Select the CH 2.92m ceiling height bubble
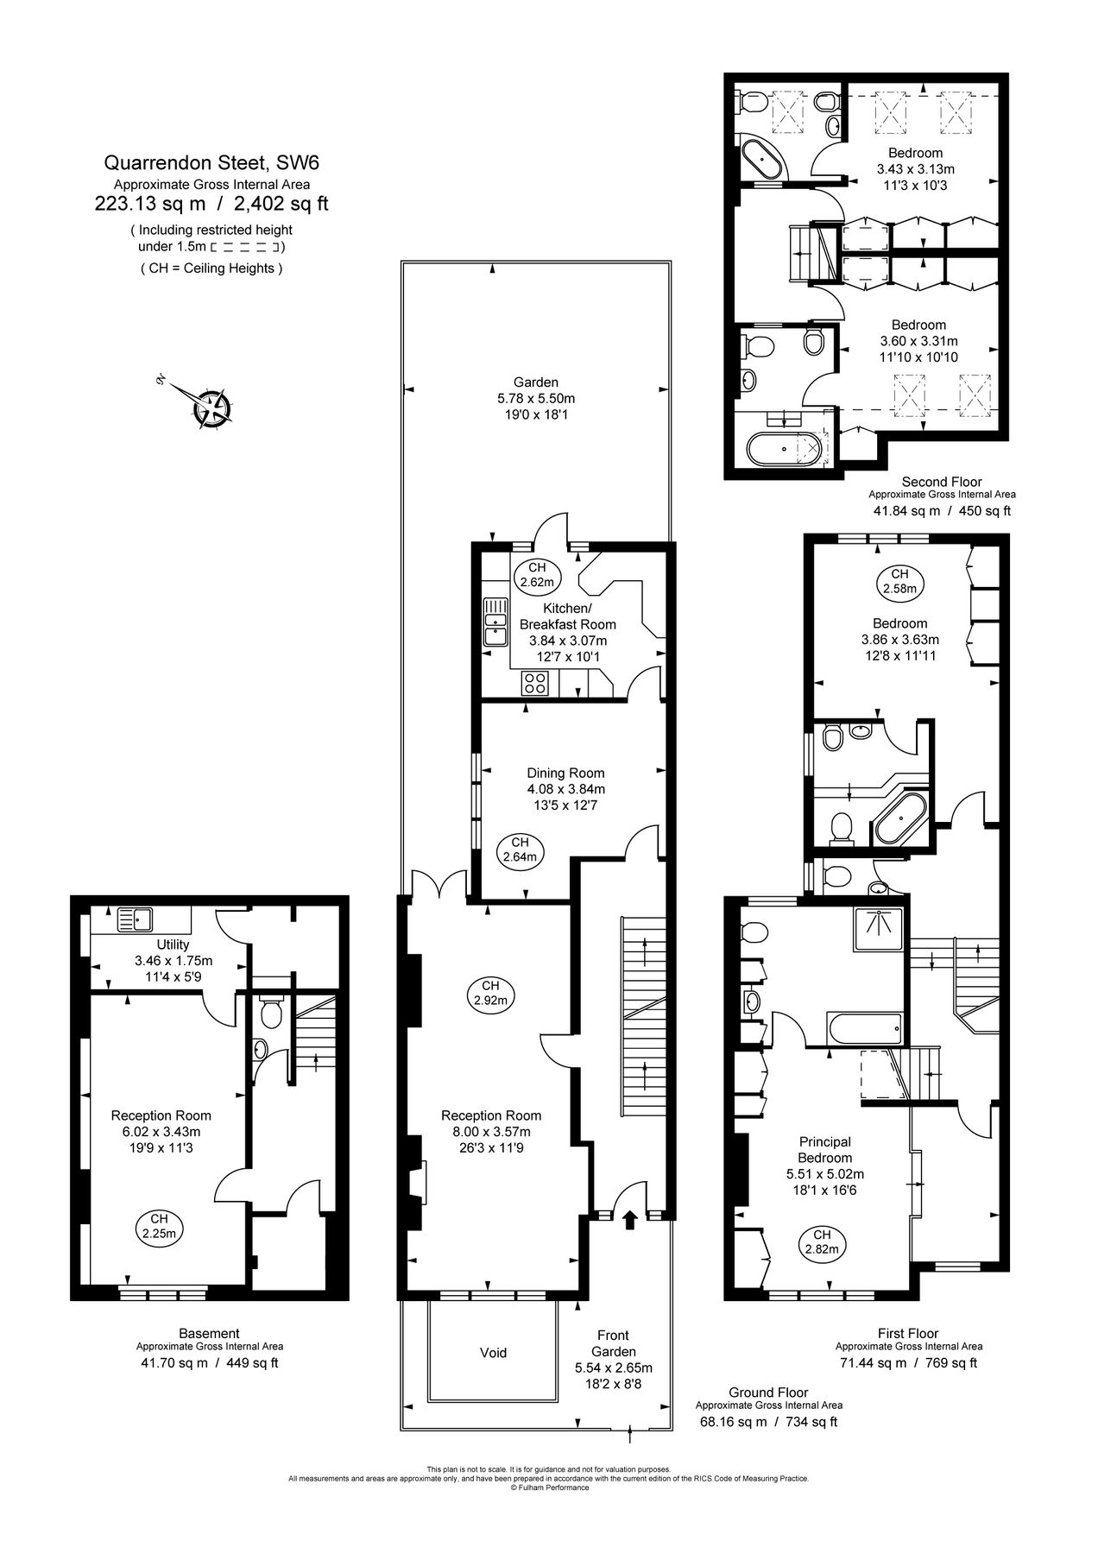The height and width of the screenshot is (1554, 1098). click(490, 993)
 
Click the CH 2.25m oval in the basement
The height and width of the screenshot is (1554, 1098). click(159, 1226)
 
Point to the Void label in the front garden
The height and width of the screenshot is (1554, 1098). click(493, 1352)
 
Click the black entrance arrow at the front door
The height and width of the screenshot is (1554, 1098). click(629, 1218)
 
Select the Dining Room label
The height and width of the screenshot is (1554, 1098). click(565, 773)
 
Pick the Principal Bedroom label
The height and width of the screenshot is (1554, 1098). click(824, 1149)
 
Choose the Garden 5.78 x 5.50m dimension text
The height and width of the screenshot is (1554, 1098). click(535, 398)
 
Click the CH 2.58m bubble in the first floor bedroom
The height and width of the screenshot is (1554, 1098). click(899, 581)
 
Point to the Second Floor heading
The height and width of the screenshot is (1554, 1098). click(942, 481)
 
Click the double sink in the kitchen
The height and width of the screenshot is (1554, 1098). click(495, 623)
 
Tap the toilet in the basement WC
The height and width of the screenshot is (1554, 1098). click(270, 1013)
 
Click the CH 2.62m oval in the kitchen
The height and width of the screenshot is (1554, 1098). click(537, 575)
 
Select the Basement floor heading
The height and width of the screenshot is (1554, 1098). click(209, 1333)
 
